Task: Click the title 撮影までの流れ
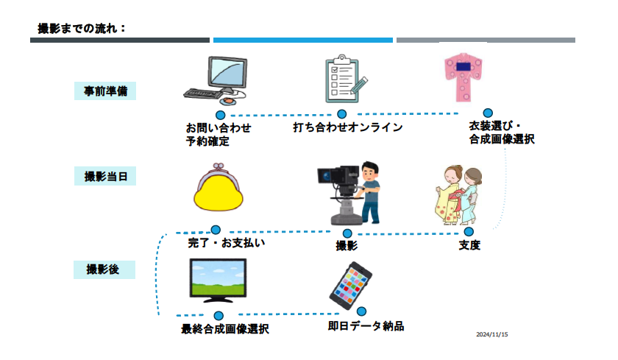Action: point(82,28)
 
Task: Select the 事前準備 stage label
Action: point(105,91)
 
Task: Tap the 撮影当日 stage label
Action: point(105,177)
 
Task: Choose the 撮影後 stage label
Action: point(105,269)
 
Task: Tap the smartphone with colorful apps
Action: point(350,284)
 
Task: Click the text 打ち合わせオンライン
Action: point(347,127)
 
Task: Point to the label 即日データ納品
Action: point(366,325)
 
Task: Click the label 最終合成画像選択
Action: point(224,329)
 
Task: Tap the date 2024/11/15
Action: point(493,334)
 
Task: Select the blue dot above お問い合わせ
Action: point(220,115)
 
